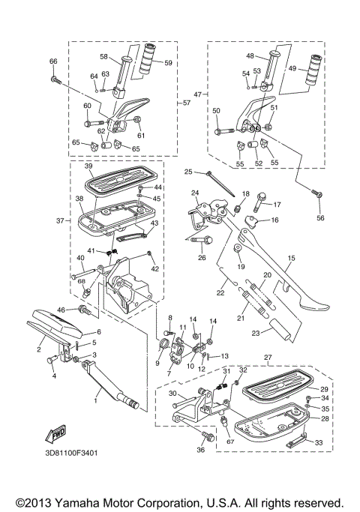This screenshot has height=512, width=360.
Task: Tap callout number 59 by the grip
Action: click(168, 62)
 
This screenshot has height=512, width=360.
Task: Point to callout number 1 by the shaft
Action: click(95, 402)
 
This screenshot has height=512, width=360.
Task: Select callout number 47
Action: click(198, 95)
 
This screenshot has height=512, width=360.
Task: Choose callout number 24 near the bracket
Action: click(194, 193)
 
